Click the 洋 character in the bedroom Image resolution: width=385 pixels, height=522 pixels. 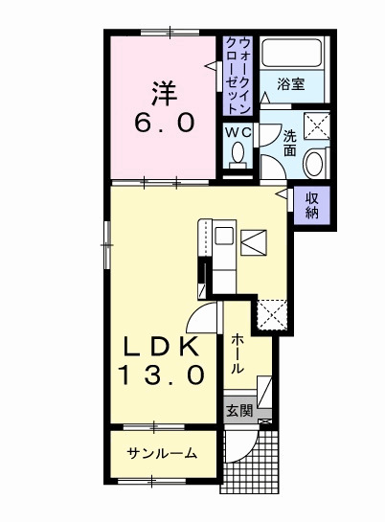click(165, 92)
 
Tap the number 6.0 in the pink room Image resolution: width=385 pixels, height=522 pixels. click(165, 123)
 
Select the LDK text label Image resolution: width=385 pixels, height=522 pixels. click(162, 347)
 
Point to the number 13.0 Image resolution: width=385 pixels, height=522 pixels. click(162, 374)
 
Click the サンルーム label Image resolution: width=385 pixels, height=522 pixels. click(162, 453)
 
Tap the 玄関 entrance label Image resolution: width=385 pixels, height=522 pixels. click(239, 411)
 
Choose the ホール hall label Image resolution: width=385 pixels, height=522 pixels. click(238, 353)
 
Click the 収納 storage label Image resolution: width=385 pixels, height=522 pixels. click(312, 206)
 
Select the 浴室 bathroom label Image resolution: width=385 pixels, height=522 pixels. click(291, 84)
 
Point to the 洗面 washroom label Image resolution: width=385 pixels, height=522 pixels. click(290, 144)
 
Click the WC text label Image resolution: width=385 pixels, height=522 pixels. click(238, 132)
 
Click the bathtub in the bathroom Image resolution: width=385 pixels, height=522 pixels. click(291, 54)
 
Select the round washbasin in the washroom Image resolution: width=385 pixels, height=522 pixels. click(313, 164)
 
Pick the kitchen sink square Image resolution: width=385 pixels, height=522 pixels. click(224, 236)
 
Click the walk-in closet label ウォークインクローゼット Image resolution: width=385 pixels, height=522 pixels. click(238, 76)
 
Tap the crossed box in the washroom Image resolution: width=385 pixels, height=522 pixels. click(317, 125)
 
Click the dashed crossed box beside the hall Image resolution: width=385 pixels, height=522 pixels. click(273, 315)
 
